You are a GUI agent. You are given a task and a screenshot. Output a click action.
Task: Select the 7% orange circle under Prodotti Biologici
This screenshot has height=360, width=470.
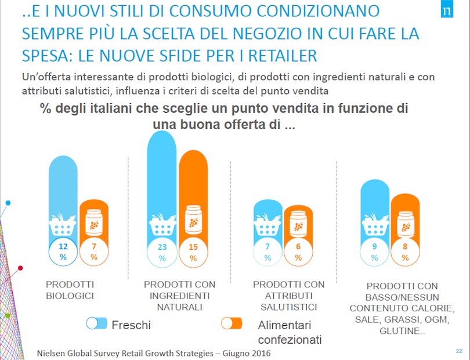coord(93,251)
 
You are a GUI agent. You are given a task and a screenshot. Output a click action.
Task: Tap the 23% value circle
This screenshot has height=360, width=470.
coord(162,251)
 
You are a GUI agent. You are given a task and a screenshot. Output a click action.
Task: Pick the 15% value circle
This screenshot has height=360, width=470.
coord(193,251)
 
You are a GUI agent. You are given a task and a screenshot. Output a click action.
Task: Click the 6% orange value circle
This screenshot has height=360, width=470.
coord(298,251)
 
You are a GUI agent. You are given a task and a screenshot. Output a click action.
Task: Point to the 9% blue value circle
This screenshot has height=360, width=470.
coord(375,251)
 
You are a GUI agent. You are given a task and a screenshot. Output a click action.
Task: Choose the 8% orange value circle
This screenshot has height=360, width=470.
coord(405,251)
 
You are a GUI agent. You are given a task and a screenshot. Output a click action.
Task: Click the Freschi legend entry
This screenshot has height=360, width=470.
coord(118,325)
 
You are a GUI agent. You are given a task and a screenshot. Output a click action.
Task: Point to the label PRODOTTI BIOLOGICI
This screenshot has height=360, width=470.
coord(70,290)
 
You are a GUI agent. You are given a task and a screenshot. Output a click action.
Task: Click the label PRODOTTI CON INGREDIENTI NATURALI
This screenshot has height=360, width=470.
coord(179,296)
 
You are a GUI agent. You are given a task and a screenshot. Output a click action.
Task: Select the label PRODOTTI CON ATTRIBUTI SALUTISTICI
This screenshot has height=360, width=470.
coord(288,296)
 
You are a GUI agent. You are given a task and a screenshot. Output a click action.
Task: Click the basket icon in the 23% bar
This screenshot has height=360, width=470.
coord(162,222)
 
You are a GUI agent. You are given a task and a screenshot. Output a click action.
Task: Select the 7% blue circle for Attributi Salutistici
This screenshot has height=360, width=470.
coord(267,251)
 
